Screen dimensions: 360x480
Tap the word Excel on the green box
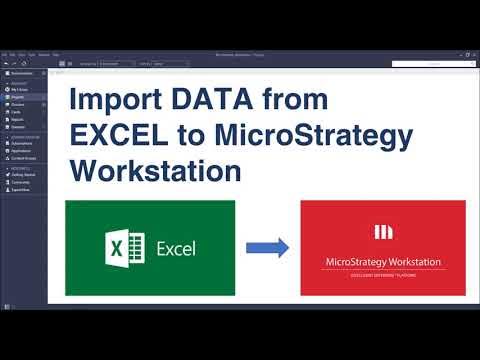(x=175, y=248)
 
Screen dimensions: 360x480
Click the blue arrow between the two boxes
(x=267, y=247)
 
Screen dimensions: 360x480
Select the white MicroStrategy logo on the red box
(x=383, y=232)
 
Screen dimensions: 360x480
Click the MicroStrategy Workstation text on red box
(x=383, y=262)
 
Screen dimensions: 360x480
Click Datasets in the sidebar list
(x=19, y=127)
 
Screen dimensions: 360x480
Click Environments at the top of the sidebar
(x=23, y=73)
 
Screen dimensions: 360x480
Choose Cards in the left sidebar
(x=17, y=113)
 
